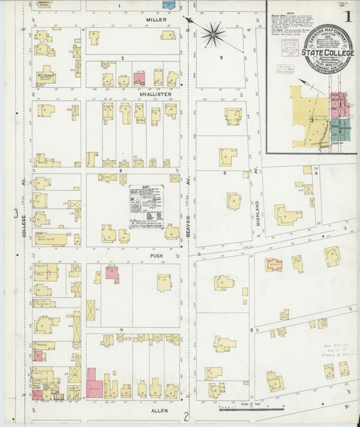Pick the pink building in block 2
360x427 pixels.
(x=139, y=78)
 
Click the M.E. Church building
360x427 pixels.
(x=45, y=76)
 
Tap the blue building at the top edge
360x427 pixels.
(x=169, y=4)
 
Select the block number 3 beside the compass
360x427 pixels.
(x=221, y=58)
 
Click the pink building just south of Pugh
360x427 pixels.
(x=111, y=273)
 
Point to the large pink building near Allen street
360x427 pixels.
(x=94, y=388)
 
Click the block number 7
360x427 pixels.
(x=121, y=330)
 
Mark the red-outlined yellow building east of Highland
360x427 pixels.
(x=273, y=264)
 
